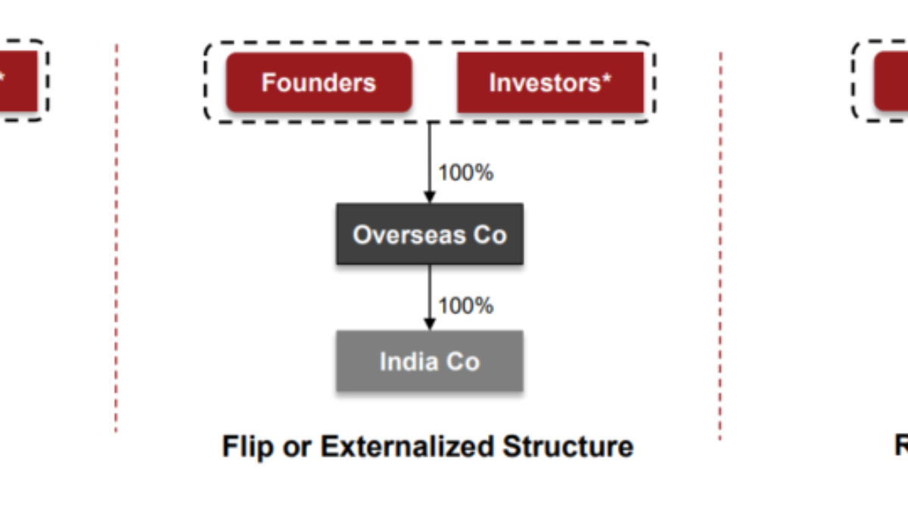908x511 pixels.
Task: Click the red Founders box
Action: click(x=319, y=83)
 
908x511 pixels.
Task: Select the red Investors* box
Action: click(x=551, y=83)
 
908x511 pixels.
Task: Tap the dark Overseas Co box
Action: click(x=430, y=234)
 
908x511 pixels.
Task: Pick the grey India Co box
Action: click(x=430, y=361)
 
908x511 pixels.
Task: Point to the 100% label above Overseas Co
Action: click(x=466, y=173)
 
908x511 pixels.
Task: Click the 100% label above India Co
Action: click(x=466, y=306)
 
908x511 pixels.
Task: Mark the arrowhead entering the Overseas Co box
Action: click(x=430, y=197)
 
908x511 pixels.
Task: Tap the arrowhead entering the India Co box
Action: click(x=430, y=325)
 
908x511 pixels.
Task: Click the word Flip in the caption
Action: click(x=247, y=447)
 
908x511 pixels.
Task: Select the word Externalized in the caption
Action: click(x=407, y=446)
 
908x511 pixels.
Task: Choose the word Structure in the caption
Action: click(x=568, y=446)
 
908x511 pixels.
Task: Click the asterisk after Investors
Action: click(x=606, y=77)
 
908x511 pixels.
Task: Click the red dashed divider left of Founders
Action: click(x=117, y=238)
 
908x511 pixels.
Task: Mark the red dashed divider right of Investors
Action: click(x=720, y=246)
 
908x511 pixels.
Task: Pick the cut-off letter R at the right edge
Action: click(x=901, y=446)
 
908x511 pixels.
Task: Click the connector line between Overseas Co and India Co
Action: click(x=430, y=292)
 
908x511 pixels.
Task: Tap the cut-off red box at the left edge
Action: click(x=19, y=81)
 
